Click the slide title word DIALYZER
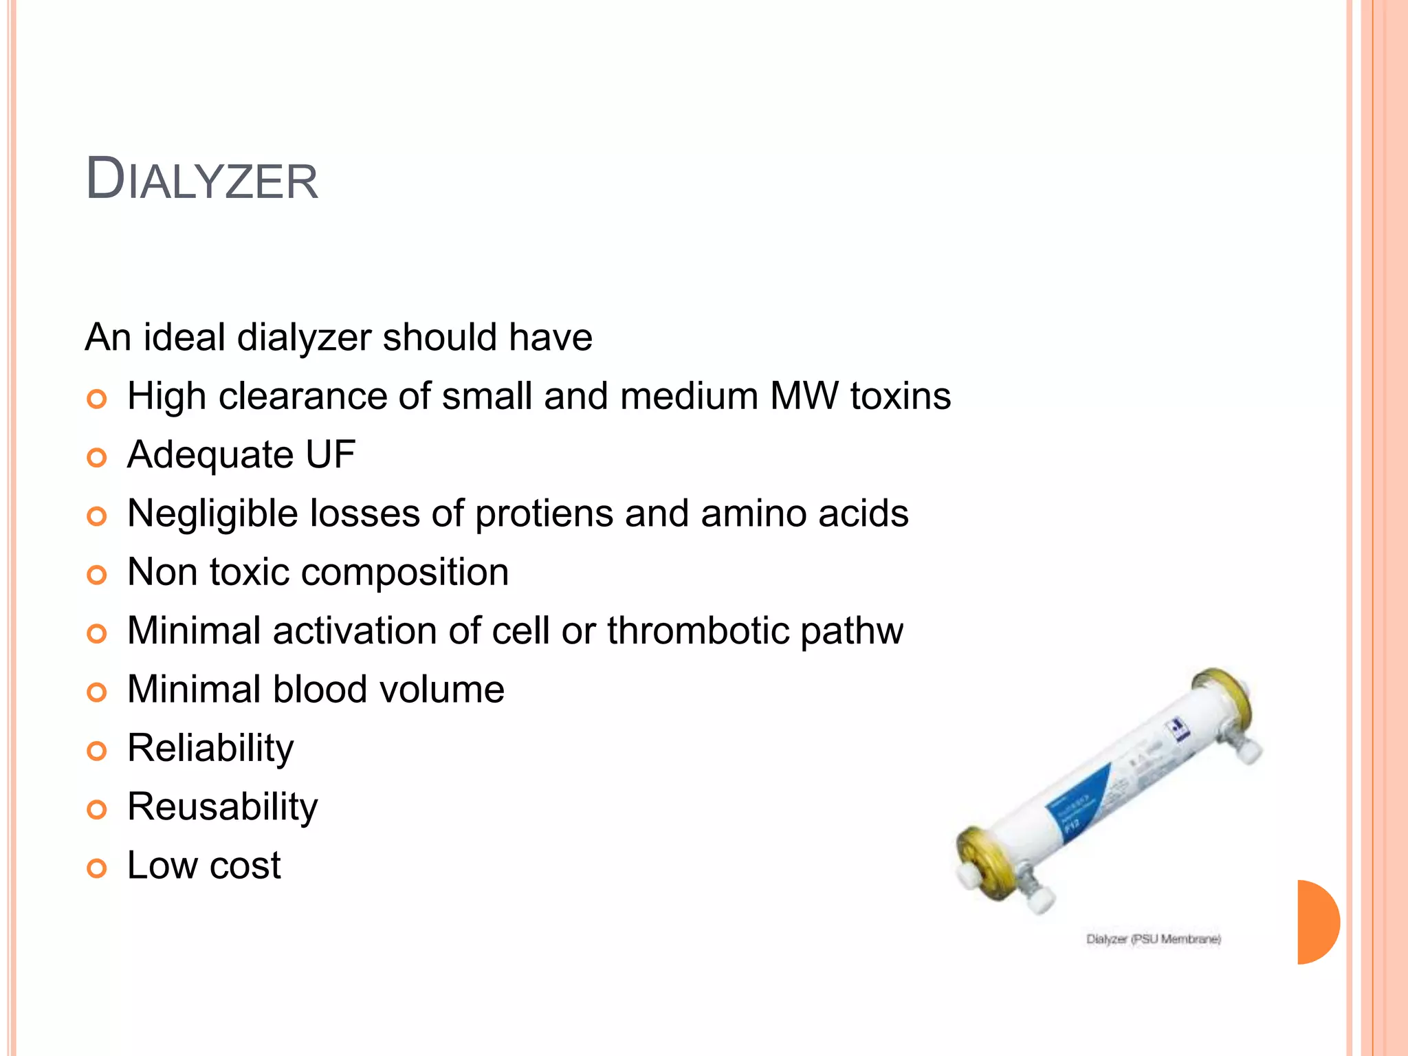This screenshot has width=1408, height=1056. point(201,180)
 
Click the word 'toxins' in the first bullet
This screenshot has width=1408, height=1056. point(901,397)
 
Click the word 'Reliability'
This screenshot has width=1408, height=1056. point(210,749)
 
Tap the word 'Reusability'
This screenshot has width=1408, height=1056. point(223,807)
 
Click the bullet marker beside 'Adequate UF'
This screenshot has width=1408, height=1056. point(97,457)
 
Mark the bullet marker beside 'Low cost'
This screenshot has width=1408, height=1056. point(97,868)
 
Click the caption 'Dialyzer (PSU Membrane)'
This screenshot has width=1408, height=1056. point(1153,939)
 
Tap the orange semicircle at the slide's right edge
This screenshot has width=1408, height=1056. point(1317,922)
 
